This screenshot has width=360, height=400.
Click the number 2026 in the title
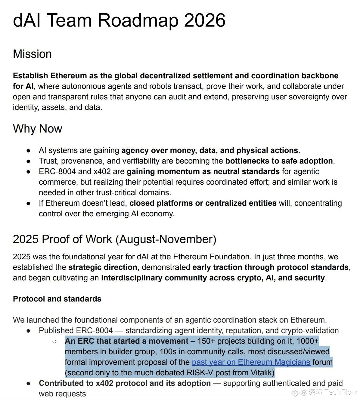(204, 20)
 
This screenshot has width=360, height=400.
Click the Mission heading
(32, 54)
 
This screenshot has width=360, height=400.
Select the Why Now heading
(37, 129)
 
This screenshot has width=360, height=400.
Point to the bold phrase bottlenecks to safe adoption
(279, 161)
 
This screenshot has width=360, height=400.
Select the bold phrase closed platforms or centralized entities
(203, 203)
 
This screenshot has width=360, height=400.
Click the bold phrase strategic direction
(103, 267)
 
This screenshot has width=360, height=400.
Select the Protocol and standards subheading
(57, 299)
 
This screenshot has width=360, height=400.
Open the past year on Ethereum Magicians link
(251, 362)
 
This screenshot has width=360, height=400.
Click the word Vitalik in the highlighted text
(261, 373)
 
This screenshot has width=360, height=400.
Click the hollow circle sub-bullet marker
(54, 341)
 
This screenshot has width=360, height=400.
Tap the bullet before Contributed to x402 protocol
(29, 383)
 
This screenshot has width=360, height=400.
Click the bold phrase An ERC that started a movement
(126, 341)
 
